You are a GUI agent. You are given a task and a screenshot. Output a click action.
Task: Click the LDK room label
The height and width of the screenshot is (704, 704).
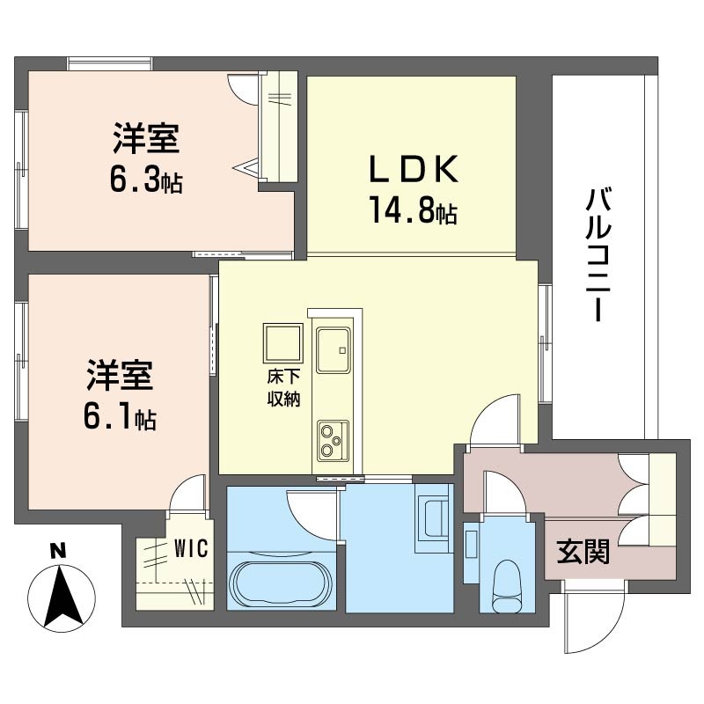414,168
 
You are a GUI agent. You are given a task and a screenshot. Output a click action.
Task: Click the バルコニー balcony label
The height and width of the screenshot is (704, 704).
598,254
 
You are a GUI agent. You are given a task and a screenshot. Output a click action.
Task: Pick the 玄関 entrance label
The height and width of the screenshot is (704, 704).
583,551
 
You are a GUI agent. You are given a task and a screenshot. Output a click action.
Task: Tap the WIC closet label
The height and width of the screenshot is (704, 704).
191,547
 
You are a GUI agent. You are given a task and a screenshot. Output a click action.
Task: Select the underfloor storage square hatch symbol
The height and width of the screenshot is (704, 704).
282,342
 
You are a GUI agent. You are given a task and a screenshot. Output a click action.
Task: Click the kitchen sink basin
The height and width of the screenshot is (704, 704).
334,349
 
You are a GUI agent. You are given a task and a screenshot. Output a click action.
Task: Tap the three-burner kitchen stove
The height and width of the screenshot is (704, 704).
334,441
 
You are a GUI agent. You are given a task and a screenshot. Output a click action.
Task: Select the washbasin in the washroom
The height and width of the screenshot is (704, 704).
433,518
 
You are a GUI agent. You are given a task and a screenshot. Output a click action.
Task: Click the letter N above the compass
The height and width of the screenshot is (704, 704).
58,551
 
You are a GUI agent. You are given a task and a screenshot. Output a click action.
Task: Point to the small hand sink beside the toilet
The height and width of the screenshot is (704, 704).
472,544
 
